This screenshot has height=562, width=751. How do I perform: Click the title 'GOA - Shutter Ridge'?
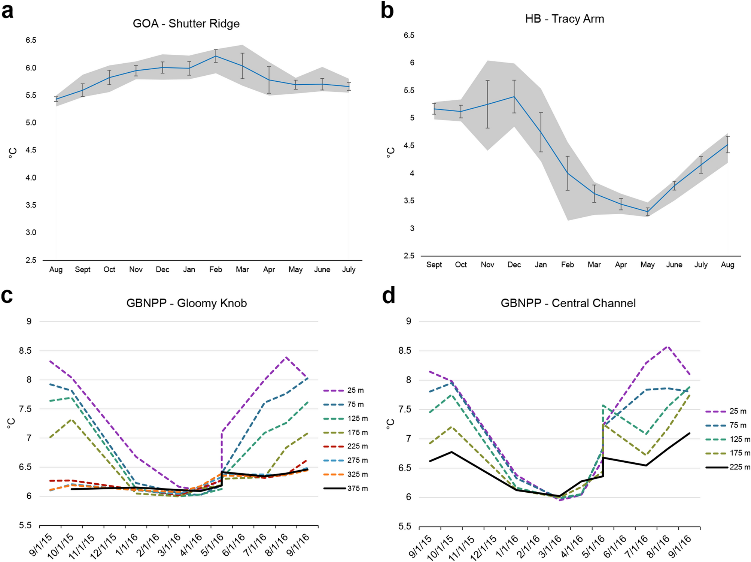click(186, 24)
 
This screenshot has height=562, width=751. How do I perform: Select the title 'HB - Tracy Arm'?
click(565, 19)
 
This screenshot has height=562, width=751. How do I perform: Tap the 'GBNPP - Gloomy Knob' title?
click(186, 303)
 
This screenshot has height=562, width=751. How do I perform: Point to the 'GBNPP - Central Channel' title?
click(568, 303)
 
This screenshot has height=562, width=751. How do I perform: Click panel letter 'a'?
click(7, 11)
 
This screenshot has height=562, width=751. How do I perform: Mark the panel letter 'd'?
click(389, 296)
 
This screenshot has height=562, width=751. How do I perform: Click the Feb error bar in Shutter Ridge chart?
click(216, 56)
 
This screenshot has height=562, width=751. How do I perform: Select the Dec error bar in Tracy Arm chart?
click(514, 96)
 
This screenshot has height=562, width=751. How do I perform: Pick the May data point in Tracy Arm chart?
click(648, 212)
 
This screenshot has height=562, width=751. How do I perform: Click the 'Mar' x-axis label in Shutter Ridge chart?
click(242, 269)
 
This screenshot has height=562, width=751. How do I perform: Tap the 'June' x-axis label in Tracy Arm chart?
click(674, 265)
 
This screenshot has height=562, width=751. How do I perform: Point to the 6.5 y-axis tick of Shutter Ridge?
click(31, 40)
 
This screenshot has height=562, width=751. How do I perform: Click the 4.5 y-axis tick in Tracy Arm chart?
click(409, 145)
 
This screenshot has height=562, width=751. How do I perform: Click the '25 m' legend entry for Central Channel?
click(726, 411)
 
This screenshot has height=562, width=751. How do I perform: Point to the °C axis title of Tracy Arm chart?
click(390, 152)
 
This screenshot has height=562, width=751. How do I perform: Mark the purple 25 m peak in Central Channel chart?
click(668, 346)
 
